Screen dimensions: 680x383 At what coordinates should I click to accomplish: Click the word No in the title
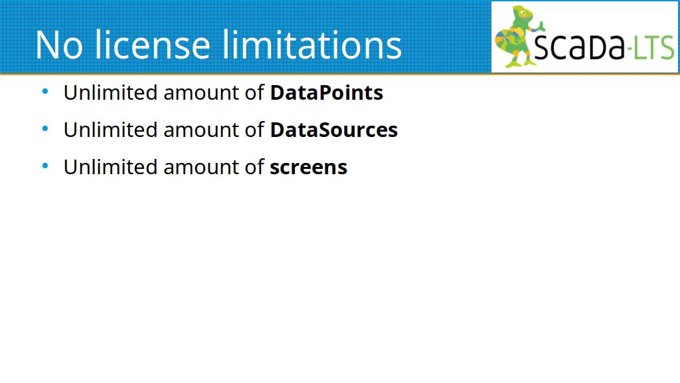(58, 45)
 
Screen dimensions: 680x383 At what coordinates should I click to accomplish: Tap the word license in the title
(152, 44)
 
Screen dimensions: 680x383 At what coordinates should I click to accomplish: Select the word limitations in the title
(312, 44)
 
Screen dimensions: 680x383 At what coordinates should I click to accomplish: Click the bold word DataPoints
(327, 92)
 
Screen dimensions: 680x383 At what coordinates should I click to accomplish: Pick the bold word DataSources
(334, 130)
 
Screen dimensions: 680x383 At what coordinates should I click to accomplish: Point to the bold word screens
(308, 168)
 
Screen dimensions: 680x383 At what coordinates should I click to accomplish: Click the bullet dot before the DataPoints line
(45, 92)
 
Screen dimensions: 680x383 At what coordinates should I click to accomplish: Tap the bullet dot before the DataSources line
(45, 128)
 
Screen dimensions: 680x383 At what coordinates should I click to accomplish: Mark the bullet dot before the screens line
(45, 166)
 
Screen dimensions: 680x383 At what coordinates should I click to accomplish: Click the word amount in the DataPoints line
(201, 93)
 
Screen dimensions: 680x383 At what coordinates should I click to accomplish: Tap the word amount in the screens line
(201, 168)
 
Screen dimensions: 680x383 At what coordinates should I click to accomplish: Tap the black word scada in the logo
(578, 46)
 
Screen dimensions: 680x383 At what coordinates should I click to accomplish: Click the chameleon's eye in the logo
(523, 13)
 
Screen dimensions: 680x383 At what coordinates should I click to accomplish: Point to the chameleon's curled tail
(505, 42)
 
